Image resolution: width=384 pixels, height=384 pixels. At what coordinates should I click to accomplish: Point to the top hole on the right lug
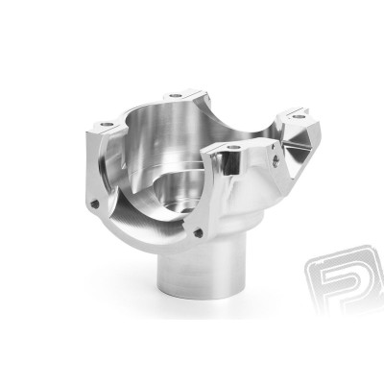click(x=299, y=117)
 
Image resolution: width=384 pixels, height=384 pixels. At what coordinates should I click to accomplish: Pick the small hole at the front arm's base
click(x=198, y=231)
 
